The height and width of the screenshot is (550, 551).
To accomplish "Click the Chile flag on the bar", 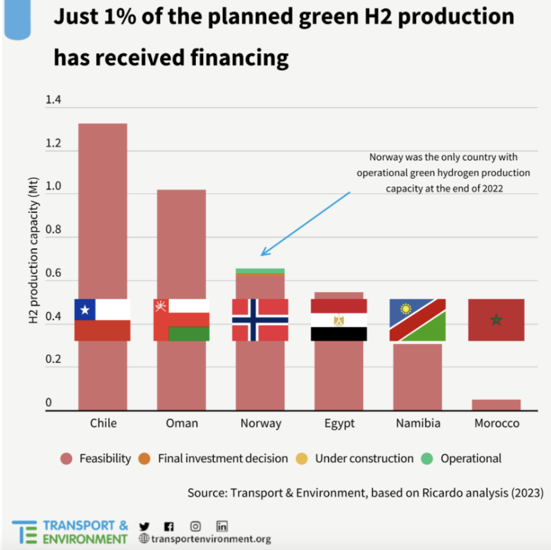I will (x=102, y=320).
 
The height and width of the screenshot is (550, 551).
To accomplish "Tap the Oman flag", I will (x=181, y=320).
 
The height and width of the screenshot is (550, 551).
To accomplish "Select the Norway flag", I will (x=260, y=320).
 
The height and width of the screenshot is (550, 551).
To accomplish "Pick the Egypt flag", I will (x=339, y=320).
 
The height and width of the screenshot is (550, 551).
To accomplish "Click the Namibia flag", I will (x=417, y=320).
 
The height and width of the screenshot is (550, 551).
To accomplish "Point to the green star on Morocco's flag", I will (x=496, y=320).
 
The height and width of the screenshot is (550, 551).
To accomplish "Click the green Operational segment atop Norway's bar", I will (x=260, y=271).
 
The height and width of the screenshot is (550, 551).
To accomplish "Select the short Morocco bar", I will (x=496, y=405).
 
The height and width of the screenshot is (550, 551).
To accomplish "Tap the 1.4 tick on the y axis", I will (x=53, y=100).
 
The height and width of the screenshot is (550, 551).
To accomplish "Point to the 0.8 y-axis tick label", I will (x=53, y=230).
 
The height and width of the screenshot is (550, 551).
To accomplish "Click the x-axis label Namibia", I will (x=418, y=423).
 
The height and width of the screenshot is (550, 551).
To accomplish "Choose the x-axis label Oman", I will (x=182, y=423).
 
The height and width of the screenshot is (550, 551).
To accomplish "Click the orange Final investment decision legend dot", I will (x=145, y=459).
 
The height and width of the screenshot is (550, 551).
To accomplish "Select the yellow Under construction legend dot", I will (x=302, y=459).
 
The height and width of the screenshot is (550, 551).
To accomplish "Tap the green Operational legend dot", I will (x=427, y=459).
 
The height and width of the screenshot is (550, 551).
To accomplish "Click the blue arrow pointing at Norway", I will (x=305, y=224).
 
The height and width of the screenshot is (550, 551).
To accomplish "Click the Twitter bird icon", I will (x=145, y=526).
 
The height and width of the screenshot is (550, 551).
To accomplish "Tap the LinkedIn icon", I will (x=222, y=526).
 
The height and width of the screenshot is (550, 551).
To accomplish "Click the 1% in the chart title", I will (x=120, y=17).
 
